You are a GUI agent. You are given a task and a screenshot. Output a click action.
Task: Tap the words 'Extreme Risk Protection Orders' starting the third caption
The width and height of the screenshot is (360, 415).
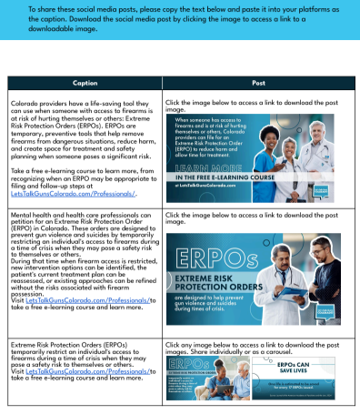[x=55, y=347]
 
